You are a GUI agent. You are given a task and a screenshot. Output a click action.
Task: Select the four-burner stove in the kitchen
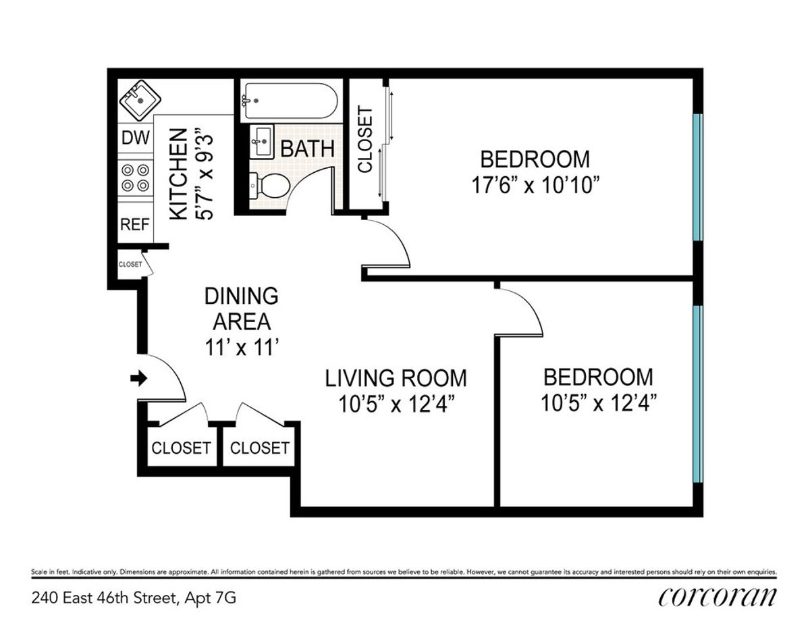pyautogui.click(x=134, y=176)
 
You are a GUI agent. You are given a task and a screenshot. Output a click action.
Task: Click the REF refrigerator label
pyautogui.click(x=134, y=225)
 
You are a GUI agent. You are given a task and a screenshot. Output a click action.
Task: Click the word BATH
pyautogui.click(x=307, y=149)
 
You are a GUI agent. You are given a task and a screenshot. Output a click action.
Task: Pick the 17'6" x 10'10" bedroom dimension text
pyautogui.click(x=535, y=185)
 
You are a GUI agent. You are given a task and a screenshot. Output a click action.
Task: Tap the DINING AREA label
pyautogui.click(x=241, y=308)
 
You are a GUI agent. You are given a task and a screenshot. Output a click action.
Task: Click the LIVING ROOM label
pyautogui.click(x=396, y=377)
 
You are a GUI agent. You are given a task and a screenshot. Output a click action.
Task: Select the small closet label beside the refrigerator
pyautogui.click(x=130, y=265)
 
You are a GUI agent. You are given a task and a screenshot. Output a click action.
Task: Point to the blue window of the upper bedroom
pyautogui.click(x=698, y=177)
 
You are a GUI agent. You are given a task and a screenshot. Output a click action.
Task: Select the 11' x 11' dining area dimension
pyautogui.click(x=241, y=347)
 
